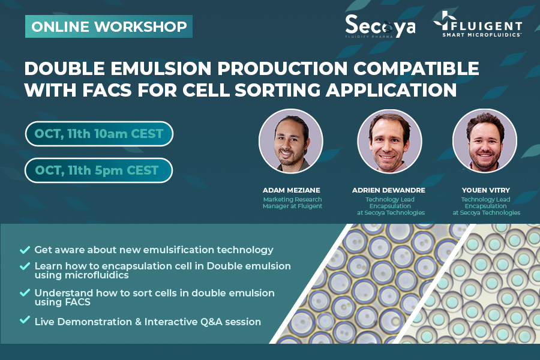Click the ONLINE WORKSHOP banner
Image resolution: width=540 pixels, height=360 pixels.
coord(109,26)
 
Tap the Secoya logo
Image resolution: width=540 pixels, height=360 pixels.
coord(380,26)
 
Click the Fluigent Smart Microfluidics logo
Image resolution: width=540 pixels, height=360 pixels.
coord(478,25)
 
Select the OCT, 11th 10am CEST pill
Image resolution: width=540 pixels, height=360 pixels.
coord(99,134)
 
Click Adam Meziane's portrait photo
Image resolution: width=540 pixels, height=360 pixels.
coord(290,141)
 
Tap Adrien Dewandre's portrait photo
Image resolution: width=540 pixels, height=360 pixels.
coord(389,141)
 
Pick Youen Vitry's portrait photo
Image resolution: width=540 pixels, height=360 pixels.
coord(485,141)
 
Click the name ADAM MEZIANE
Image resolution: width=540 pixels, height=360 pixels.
coord(292,190)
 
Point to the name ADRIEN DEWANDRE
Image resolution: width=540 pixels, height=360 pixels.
coord(388,190)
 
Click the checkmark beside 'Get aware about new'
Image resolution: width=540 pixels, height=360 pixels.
coord(25,249)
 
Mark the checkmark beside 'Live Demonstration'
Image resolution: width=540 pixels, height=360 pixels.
coord(25,321)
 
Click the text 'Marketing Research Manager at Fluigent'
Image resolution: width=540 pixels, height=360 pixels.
coord(292,203)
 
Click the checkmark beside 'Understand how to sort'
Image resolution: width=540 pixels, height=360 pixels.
coord(25,293)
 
